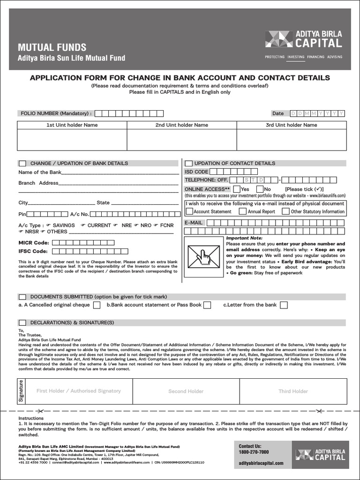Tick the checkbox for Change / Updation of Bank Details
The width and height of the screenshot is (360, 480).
tap(22, 163)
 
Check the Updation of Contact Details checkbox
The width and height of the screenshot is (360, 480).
tap(188, 163)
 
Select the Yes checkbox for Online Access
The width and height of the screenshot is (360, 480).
tap(237, 189)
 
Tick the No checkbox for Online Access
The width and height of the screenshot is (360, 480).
tap(260, 189)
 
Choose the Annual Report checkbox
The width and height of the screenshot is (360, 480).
tap(243, 211)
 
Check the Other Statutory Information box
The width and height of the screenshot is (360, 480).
tap(285, 211)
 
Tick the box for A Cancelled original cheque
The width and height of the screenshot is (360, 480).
tap(97, 305)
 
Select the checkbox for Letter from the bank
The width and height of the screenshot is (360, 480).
tap(284, 305)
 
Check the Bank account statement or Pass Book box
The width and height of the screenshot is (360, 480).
tap(207, 305)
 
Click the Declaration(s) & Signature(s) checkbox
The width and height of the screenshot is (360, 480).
tap(22, 323)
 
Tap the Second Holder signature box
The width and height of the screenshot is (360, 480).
tap(186, 391)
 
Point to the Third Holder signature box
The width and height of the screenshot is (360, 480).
tap(293, 391)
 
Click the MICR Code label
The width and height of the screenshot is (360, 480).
tap(33, 243)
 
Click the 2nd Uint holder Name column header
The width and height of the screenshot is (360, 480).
tap(182, 125)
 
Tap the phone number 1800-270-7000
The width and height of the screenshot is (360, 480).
tap(254, 452)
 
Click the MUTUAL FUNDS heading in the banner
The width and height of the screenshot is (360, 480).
tap(52, 47)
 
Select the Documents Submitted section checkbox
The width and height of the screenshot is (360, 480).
tap(22, 297)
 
